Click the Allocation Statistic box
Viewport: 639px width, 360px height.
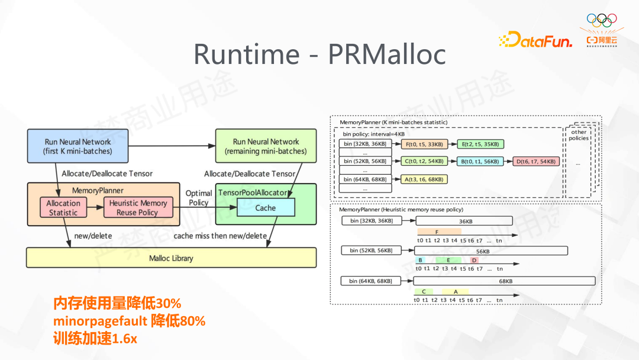point(63,208)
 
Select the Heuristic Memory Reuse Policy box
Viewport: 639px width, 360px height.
point(138,208)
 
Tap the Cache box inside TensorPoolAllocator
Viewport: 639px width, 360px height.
point(266,208)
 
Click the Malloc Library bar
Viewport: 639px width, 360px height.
point(171,258)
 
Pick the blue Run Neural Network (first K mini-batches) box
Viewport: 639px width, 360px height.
point(78,146)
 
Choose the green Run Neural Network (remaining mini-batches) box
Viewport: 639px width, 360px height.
point(266,146)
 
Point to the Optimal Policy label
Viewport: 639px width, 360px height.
point(199,198)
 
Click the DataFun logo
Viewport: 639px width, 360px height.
point(535,40)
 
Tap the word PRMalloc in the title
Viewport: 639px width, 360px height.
point(386,54)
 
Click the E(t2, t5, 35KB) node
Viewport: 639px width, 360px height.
point(480,144)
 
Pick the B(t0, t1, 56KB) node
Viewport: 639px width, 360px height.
point(480,161)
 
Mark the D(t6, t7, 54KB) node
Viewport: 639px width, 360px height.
point(536,161)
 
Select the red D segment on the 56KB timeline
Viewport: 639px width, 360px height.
point(474,261)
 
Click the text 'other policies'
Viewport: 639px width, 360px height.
point(579,134)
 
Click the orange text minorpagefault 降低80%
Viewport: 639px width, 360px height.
point(129,322)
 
